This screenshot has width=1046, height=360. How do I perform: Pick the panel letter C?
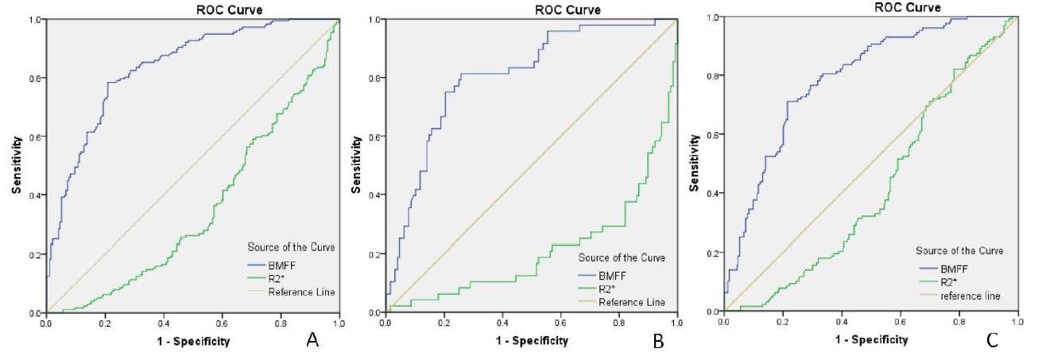(x=992, y=340)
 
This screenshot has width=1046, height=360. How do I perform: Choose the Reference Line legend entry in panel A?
(x=301, y=292)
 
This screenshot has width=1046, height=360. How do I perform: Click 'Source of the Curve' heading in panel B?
(x=622, y=257)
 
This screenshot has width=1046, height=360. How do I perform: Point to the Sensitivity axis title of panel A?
(x=16, y=165)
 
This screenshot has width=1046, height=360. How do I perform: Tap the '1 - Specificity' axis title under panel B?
(x=532, y=340)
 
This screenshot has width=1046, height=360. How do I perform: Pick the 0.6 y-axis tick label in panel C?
(x=713, y=134)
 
